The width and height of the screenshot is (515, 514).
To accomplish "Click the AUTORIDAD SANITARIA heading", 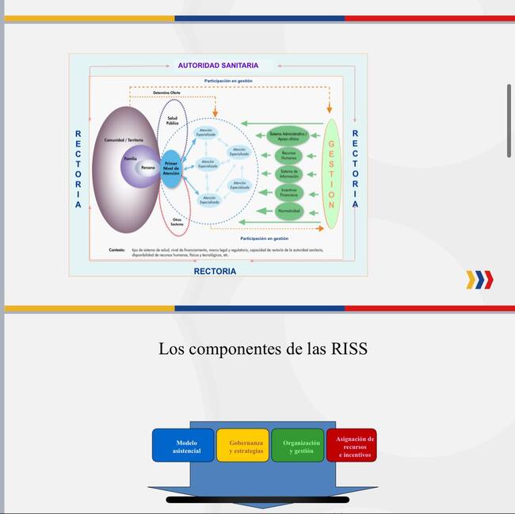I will [217, 65].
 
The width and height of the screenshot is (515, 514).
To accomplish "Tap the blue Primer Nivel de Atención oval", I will [171, 168].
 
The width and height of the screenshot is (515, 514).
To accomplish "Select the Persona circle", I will [148, 168].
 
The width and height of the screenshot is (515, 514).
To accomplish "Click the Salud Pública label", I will [172, 120].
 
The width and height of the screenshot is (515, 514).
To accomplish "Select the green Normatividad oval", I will [288, 211].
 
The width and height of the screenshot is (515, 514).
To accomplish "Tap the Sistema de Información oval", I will [288, 173].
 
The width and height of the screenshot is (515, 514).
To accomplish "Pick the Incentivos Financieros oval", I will [288, 192].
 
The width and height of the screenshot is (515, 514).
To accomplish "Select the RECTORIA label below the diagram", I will [215, 271].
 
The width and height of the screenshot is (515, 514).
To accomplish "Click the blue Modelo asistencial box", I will [183, 446].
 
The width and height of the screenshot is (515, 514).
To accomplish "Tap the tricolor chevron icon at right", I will [479, 279].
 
